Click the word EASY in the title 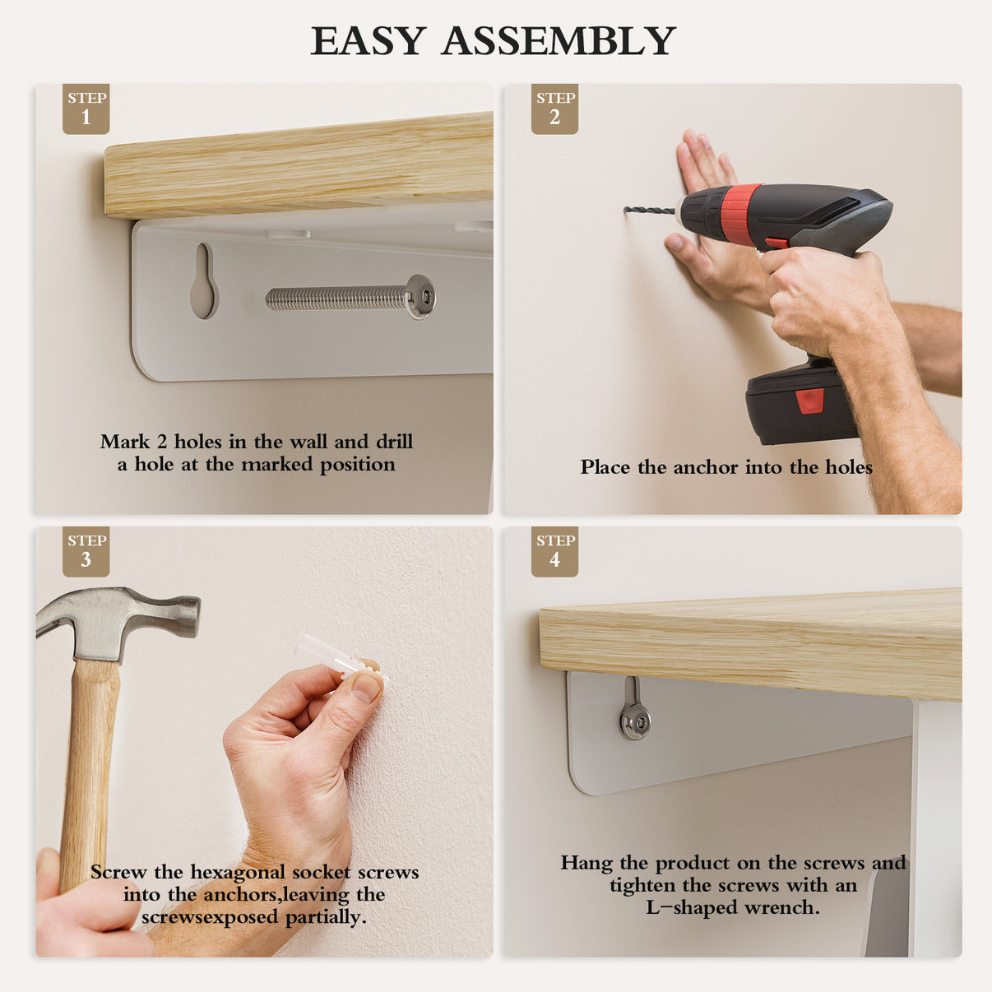(x=368, y=40)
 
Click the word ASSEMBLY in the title (x=559, y=40)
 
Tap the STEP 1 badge (x=86, y=109)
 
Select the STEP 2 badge (x=554, y=109)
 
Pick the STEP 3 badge (x=86, y=551)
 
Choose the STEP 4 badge (x=554, y=551)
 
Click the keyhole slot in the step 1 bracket (x=204, y=280)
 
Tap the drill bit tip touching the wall (x=626, y=210)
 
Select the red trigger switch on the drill (x=776, y=243)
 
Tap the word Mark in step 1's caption (x=124, y=441)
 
